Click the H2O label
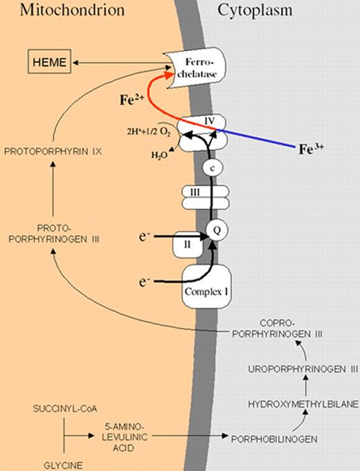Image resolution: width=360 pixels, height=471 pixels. point(159,155)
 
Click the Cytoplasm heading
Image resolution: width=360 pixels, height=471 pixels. point(255,10)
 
